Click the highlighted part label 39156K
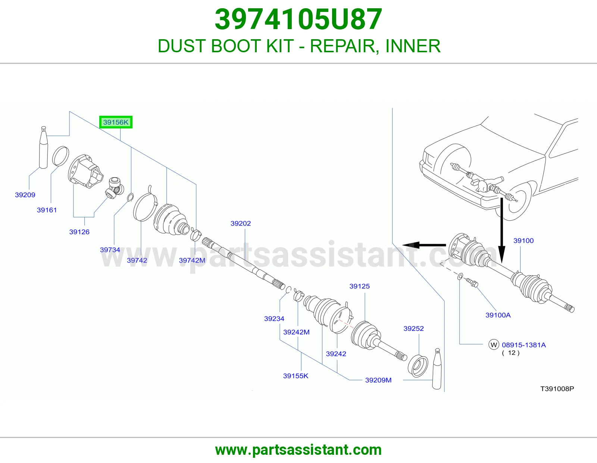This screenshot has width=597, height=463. (x=116, y=122)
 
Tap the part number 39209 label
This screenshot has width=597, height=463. (x=25, y=195)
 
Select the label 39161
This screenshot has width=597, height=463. (x=47, y=210)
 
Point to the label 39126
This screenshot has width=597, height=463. (x=79, y=232)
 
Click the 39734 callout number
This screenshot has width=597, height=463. (x=110, y=250)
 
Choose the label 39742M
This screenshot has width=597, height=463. (x=192, y=260)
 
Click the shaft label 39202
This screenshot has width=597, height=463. (x=241, y=223)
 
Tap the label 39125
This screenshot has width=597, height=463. (x=359, y=286)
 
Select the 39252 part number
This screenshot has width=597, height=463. (x=413, y=329)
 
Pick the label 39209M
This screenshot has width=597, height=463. (x=378, y=380)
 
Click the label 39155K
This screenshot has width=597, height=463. (x=296, y=376)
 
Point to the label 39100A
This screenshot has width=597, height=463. (x=498, y=315)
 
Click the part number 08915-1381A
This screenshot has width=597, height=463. (x=523, y=345)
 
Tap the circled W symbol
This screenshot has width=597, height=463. (x=494, y=345)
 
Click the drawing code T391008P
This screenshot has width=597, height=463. (x=557, y=389)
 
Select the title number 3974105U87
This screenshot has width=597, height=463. (x=298, y=19)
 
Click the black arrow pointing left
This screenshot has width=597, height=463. (x=424, y=245)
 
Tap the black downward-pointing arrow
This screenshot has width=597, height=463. (x=502, y=230)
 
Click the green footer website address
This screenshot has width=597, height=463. (x=298, y=450)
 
